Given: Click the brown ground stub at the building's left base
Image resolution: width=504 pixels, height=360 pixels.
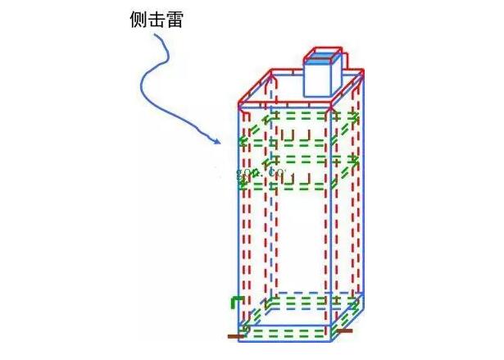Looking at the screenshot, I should point(234,335).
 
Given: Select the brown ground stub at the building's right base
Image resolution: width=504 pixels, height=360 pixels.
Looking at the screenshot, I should point(347,332).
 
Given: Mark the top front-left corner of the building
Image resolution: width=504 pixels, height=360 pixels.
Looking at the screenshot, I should point(240,107).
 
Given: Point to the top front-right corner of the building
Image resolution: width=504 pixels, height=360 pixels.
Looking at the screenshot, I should point(330,107).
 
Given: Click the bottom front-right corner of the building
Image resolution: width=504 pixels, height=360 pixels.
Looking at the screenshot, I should point(331,338).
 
